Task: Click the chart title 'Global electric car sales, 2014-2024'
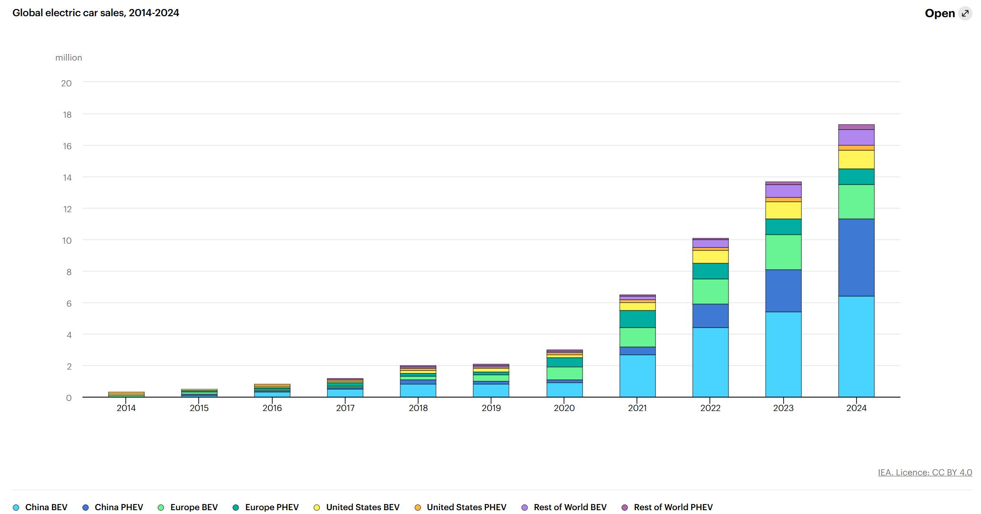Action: (x=96, y=13)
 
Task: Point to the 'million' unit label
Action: (x=69, y=58)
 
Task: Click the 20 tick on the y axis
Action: (x=66, y=83)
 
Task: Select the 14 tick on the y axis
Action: (x=66, y=177)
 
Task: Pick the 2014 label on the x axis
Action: (x=126, y=408)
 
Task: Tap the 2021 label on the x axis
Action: (x=637, y=408)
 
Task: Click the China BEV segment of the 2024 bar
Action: (x=856, y=346)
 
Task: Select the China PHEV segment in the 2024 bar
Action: (x=856, y=257)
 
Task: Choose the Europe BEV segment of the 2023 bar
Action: (x=783, y=252)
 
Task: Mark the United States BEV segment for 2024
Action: (x=856, y=160)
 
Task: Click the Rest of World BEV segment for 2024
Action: (x=856, y=137)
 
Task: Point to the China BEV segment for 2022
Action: (x=710, y=362)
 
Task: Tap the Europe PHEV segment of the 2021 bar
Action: (x=637, y=319)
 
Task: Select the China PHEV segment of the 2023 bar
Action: (x=783, y=291)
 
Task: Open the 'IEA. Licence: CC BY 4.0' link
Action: (x=925, y=473)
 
